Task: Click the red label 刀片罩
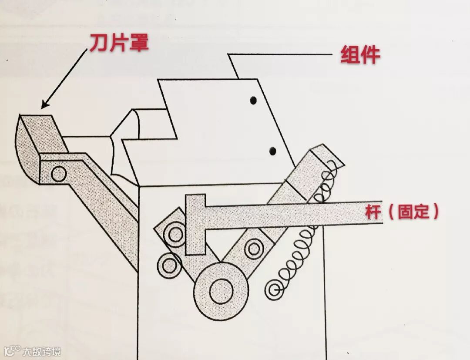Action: pos(119,43)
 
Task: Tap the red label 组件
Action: pos(360,55)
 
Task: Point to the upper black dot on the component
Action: pos(252,101)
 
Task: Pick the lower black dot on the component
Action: pos(273,151)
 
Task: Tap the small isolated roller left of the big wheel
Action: pos(169,264)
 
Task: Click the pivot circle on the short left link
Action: pos(175,234)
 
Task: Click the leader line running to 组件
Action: pos(283,55)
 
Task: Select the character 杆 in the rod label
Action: pos(374,212)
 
